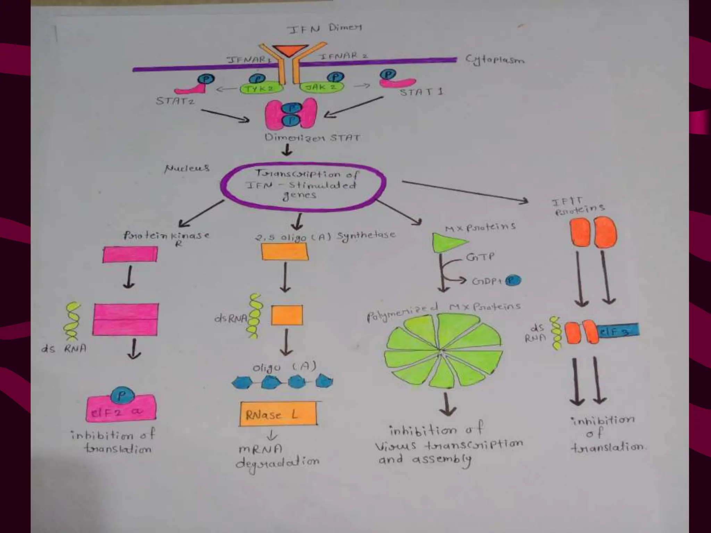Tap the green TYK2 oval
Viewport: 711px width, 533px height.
click(x=261, y=89)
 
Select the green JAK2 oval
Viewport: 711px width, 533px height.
click(x=321, y=87)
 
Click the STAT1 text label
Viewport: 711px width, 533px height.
click(x=421, y=92)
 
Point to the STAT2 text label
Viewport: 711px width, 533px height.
click(x=175, y=101)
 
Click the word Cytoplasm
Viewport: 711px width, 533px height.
click(x=495, y=60)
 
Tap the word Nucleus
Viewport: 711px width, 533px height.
click(x=187, y=169)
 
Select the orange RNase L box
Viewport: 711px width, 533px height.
click(x=278, y=414)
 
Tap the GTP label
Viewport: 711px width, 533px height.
click(x=480, y=257)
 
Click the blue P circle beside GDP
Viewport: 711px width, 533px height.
click(x=513, y=280)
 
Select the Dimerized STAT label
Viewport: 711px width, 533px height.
click(x=312, y=138)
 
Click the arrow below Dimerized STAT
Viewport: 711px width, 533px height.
click(x=287, y=150)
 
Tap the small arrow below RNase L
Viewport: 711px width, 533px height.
click(x=272, y=435)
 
